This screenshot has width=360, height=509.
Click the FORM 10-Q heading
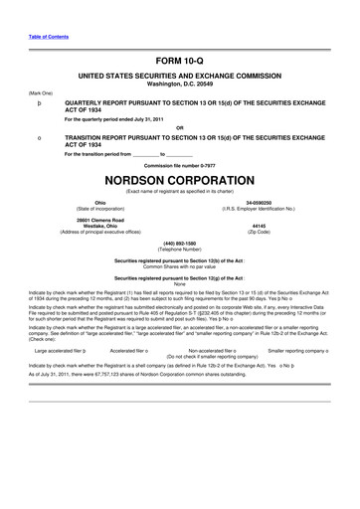(x=179, y=62)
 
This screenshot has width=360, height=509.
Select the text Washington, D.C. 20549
(x=179, y=84)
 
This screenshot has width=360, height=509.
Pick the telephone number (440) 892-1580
(x=179, y=244)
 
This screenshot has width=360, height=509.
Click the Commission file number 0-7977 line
(x=179, y=163)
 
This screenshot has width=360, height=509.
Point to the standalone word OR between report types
(x=179, y=127)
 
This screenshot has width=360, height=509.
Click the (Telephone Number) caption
(x=179, y=250)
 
